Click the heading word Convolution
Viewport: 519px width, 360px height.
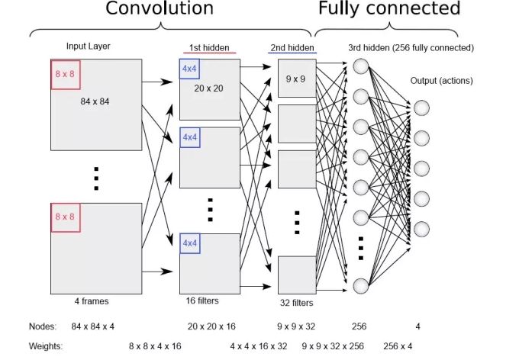coord(159,9)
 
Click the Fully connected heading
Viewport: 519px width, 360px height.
coord(389,9)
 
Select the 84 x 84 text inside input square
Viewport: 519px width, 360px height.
coord(95,101)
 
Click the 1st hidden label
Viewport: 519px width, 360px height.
coord(208,48)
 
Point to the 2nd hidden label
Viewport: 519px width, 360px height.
coord(292,48)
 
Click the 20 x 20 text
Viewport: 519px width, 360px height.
coord(208,88)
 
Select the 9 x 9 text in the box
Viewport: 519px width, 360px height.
coord(296,79)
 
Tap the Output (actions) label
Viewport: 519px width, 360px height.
coord(441,81)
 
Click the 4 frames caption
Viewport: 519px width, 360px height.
coord(92,301)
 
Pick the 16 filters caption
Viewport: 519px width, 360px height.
coord(203,301)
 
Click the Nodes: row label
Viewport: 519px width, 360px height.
coord(42,326)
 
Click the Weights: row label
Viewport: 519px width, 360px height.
coord(45,346)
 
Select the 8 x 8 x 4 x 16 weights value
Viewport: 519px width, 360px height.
coord(155,346)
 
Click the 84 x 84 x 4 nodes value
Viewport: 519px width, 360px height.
coord(92,326)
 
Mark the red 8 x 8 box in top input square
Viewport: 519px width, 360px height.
coord(66,74)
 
